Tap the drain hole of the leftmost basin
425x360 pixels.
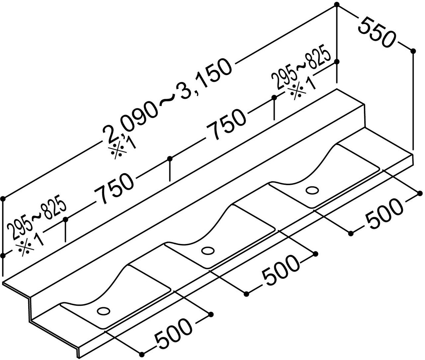point(103,311)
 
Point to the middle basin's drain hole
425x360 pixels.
point(208,251)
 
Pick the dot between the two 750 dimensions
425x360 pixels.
point(170,159)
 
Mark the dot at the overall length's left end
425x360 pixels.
point(3,199)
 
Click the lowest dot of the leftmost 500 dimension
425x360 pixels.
point(142,354)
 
